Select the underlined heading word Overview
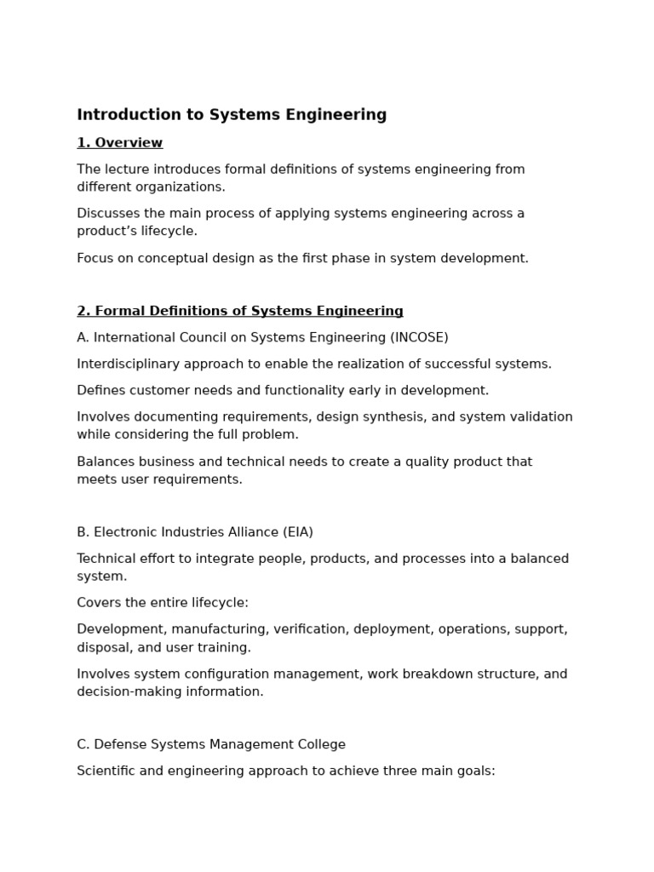click(x=129, y=143)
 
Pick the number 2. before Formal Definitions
click(x=83, y=312)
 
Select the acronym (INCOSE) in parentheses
click(x=419, y=338)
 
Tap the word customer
click(x=154, y=391)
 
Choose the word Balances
click(x=105, y=462)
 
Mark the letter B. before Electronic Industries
click(x=83, y=532)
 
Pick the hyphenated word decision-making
click(x=127, y=691)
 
